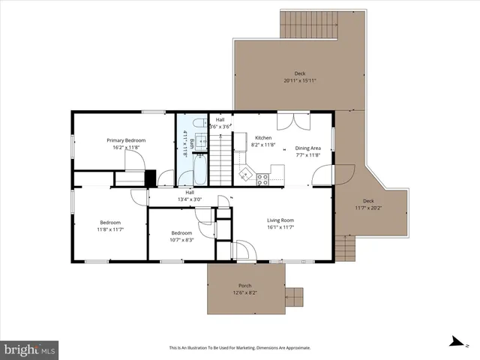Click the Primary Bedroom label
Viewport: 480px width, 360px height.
pos(125,140)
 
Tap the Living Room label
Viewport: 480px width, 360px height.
pos(280,220)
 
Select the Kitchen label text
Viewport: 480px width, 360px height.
pos(263,138)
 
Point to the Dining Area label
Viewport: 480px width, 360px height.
pos(307,148)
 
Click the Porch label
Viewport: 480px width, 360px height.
pos(244,286)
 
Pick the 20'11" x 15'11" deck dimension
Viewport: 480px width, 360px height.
pos(299,80)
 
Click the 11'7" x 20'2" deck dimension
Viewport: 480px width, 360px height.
pos(367,208)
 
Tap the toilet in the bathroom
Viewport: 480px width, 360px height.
pos(198,123)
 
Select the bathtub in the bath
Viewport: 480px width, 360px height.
pos(200,169)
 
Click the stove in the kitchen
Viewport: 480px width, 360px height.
pos(263,178)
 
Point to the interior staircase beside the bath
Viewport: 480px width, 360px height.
pos(218,166)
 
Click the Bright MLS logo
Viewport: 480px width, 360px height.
pos(29,349)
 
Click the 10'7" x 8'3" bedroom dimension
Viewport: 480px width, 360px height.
pos(181,240)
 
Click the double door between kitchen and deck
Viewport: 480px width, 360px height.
pos(292,121)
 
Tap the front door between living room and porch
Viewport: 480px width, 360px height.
pos(244,251)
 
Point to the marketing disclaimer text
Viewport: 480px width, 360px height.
pos(239,348)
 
